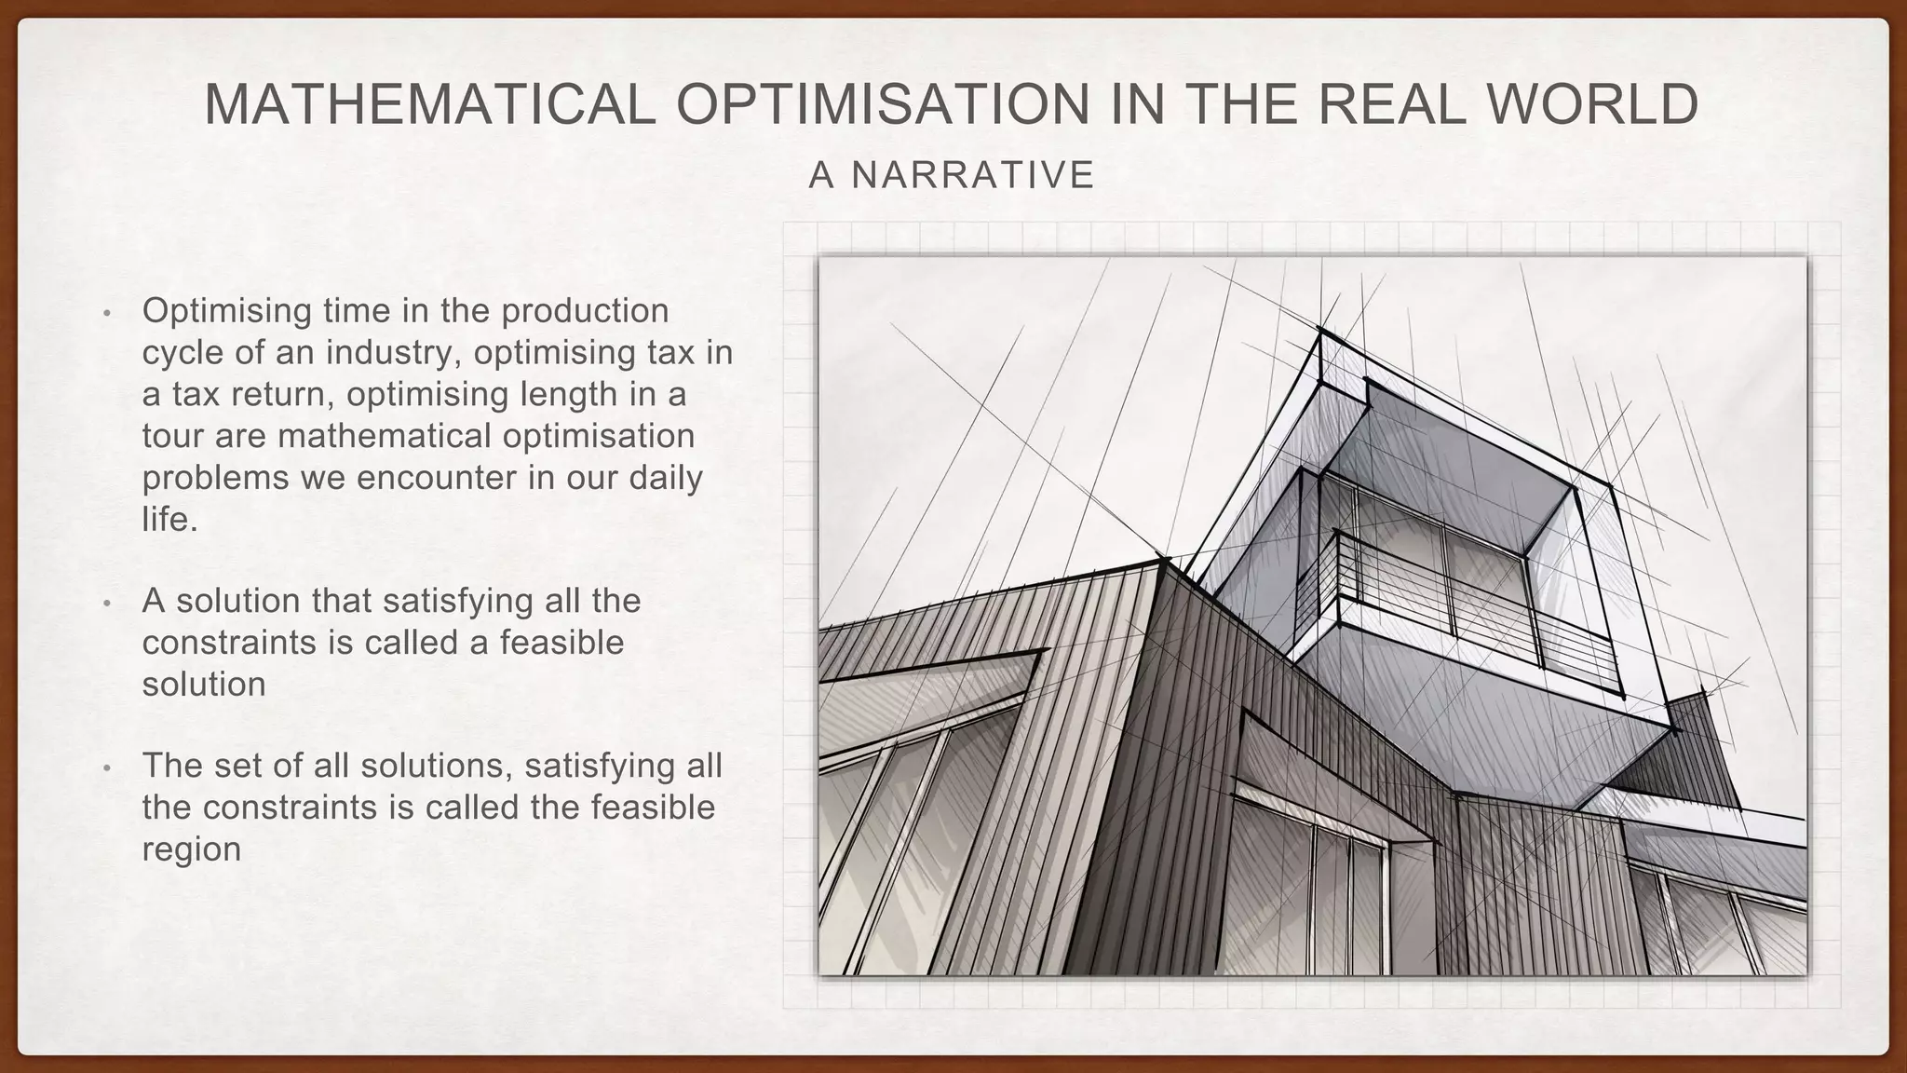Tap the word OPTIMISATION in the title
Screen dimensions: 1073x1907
pyautogui.click(x=883, y=104)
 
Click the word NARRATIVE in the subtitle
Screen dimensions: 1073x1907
pyautogui.click(x=973, y=175)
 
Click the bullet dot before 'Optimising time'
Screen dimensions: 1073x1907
pyautogui.click(x=107, y=313)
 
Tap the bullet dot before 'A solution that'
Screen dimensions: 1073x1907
pyautogui.click(x=107, y=604)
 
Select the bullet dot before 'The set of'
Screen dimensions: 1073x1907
pyautogui.click(x=107, y=768)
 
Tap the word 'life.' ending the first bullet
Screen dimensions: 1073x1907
pyautogui.click(x=170, y=520)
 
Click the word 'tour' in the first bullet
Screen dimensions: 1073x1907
pyautogui.click(x=173, y=436)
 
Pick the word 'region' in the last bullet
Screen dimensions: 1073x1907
pyautogui.click(x=191, y=849)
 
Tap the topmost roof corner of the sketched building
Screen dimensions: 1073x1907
pyautogui.click(x=1321, y=330)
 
